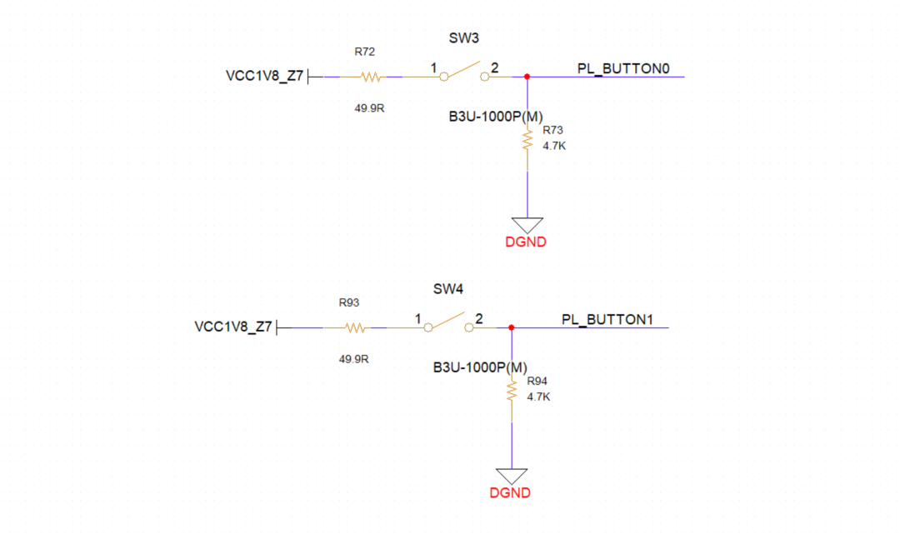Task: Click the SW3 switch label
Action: point(464,38)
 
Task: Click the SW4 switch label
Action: point(447,289)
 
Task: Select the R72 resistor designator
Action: point(364,52)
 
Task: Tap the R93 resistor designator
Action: point(348,302)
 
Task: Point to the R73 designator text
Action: point(552,131)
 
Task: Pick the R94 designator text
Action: point(537,382)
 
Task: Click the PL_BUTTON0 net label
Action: point(624,68)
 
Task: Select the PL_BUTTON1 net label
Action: point(608,319)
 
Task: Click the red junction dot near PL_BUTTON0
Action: point(527,77)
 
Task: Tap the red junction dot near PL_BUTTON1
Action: point(511,327)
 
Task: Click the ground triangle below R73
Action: point(527,225)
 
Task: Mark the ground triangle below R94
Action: point(511,475)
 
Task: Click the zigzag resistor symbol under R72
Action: point(371,77)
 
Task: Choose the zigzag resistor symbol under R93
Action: point(355,327)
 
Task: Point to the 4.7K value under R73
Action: point(554,146)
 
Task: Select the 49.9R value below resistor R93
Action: point(353,359)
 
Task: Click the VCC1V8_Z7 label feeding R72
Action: point(264,76)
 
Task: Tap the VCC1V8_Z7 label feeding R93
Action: point(232,327)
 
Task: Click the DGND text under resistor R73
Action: point(526,243)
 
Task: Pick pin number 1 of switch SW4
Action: point(417,318)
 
